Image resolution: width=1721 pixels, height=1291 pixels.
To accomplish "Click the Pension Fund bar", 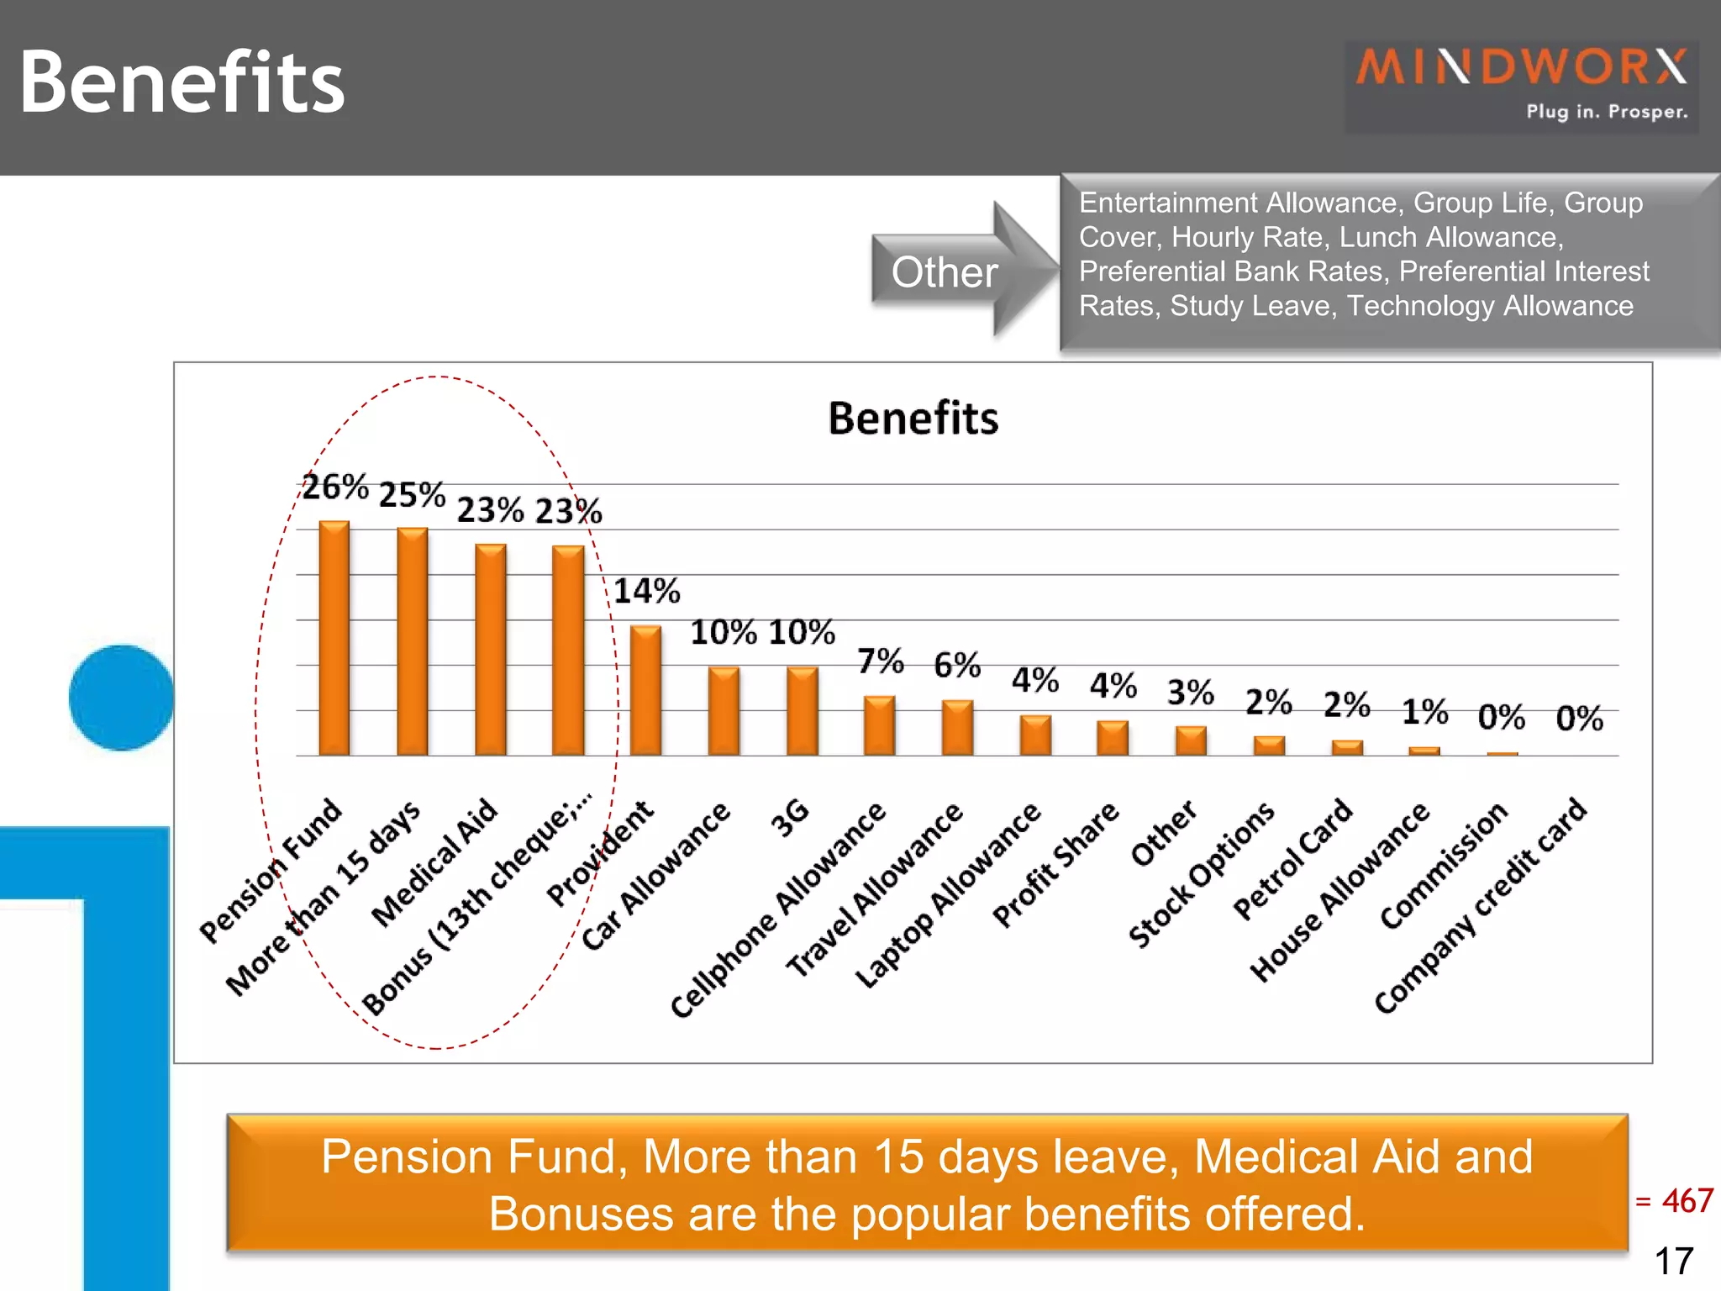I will pos(334,639).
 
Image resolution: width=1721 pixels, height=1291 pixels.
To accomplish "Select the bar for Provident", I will pos(645,691).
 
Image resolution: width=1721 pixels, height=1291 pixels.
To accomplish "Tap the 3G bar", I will pos(802,711).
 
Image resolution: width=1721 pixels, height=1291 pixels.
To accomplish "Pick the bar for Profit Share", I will pos(1113,738).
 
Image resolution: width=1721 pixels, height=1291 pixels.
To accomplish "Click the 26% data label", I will pos(335,487).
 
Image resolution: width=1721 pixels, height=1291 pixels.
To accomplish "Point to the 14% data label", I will pos(646,592).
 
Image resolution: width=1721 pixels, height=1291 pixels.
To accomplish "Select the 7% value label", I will pos(880,661).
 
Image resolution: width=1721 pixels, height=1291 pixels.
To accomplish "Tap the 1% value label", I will pos(1424,712).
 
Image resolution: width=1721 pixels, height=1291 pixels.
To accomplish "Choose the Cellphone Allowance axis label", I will pos(777,909).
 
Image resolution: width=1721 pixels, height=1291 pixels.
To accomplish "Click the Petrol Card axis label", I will pos(1292,858).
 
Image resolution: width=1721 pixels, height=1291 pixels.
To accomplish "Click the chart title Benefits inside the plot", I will pos(913,419).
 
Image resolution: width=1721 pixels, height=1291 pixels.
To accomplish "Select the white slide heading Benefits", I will pos(182,82).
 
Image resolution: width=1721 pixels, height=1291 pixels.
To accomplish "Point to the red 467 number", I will pos(1687,1200).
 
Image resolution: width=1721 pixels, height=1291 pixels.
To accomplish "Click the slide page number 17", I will pos(1674,1261).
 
